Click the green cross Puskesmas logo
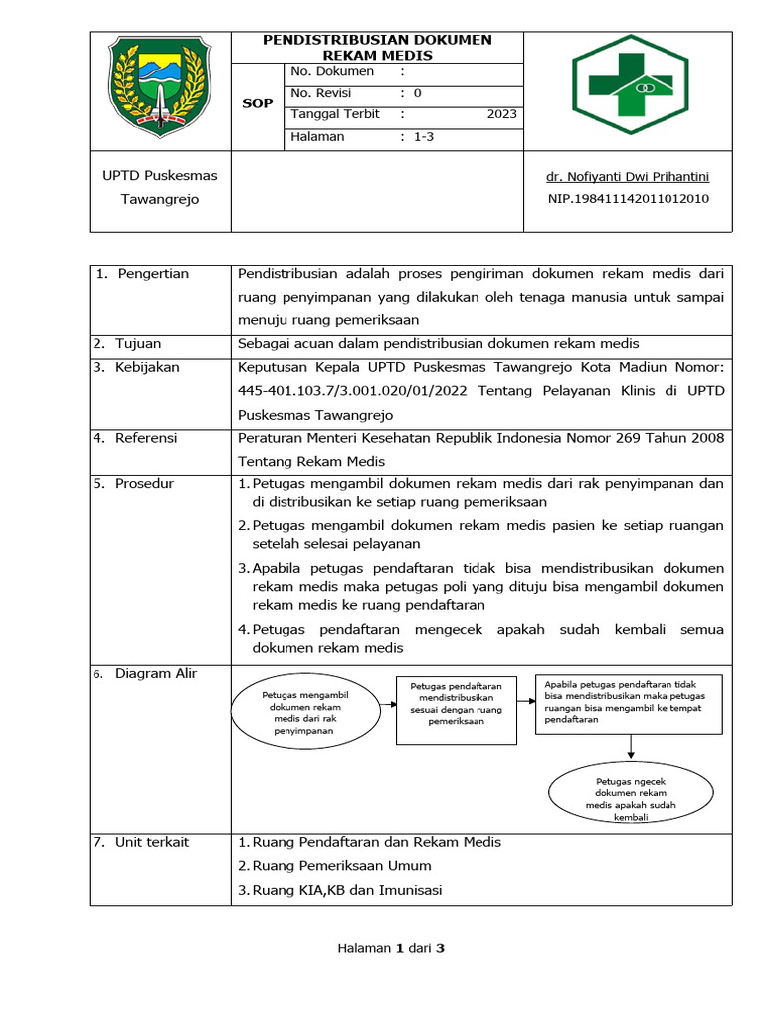629,91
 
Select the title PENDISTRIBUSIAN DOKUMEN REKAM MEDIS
377,47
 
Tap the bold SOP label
258,103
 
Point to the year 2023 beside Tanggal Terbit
501,114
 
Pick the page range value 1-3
424,137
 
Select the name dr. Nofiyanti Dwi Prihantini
628,177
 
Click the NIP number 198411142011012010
628,199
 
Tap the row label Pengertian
152,274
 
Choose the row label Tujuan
137,344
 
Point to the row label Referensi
145,437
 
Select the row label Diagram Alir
155,674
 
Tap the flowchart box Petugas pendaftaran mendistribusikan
456,710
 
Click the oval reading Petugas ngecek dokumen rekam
631,793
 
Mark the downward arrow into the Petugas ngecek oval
631,748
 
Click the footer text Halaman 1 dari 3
391,948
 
